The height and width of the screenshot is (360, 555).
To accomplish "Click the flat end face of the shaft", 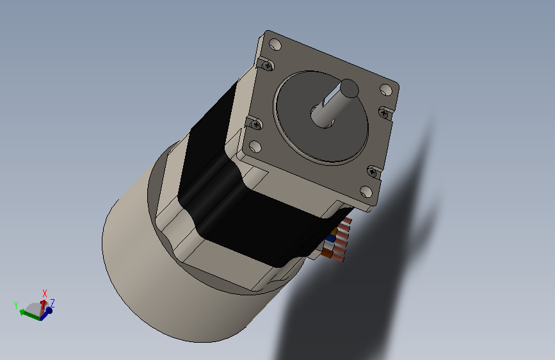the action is (350, 88).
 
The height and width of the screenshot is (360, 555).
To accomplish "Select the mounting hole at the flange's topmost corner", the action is (275, 45).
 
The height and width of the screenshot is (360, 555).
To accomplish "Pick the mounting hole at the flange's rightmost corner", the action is (386, 90).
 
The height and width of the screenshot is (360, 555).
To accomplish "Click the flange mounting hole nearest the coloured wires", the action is (366, 192).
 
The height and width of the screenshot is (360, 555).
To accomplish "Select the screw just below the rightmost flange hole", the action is (384, 113).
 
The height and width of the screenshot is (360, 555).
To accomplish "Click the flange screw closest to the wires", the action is (372, 172).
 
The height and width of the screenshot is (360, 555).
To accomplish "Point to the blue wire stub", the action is (332, 238).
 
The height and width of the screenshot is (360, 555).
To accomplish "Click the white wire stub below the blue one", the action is (329, 245).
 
